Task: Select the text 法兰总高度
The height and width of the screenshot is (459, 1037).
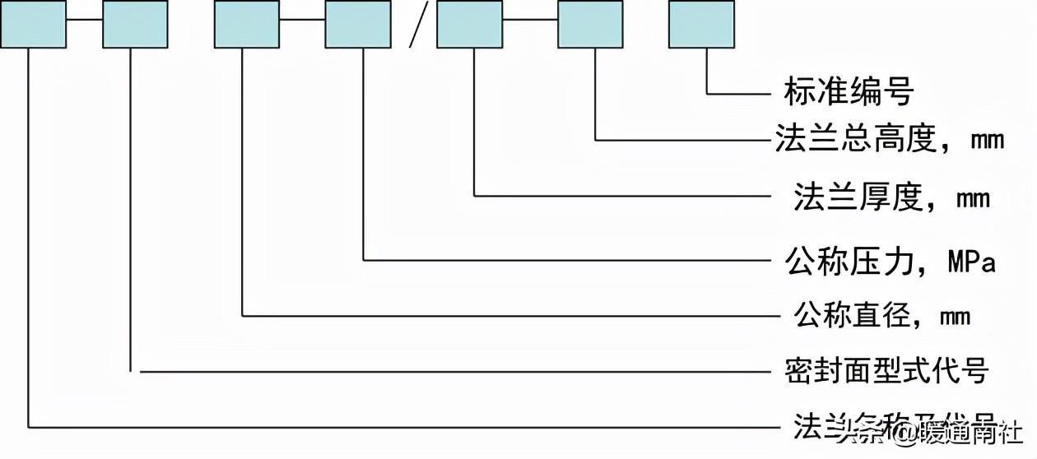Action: coord(855,139)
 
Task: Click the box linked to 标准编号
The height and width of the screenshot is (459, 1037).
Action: coord(701,24)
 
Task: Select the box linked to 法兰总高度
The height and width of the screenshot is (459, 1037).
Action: coord(590,24)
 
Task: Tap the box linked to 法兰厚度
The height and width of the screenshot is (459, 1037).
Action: coord(469,24)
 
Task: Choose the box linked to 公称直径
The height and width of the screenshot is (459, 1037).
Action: coord(246,24)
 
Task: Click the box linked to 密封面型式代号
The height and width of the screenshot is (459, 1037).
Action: coord(135,24)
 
